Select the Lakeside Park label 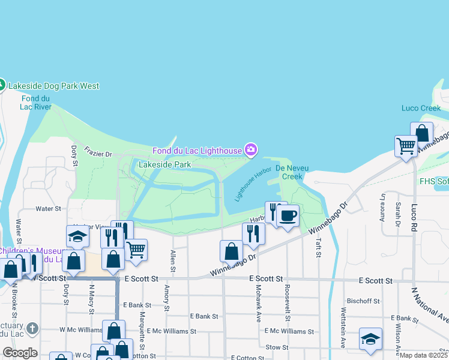[164, 164]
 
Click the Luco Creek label [421, 109]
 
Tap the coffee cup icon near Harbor [288, 215]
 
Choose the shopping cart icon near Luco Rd [406, 146]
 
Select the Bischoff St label [363, 301]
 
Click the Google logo [19, 353]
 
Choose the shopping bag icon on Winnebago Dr [231, 251]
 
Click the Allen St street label [173, 259]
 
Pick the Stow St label [277, 347]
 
